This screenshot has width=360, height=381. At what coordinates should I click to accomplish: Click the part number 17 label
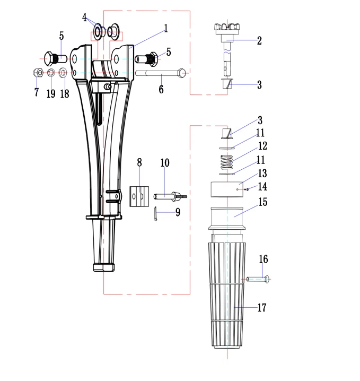(262, 307)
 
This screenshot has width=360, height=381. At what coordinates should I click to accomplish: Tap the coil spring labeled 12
(226, 162)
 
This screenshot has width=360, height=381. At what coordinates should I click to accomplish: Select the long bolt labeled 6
(161, 73)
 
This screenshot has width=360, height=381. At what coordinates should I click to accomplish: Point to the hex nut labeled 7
(38, 73)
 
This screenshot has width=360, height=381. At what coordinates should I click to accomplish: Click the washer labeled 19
(51, 73)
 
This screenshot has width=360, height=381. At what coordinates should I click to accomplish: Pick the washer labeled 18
(63, 73)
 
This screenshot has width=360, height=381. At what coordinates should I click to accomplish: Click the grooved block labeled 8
(139, 196)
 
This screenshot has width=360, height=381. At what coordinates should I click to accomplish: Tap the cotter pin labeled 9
(155, 214)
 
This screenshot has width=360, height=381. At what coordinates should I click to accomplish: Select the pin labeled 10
(170, 196)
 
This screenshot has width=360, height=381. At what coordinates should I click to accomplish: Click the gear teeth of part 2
(227, 27)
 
